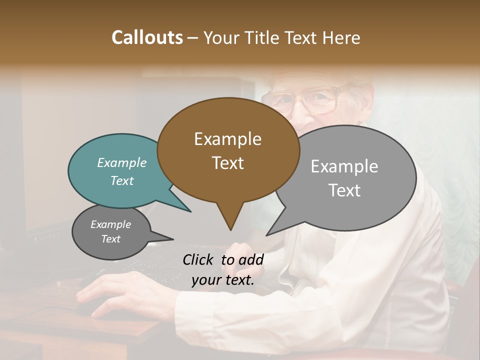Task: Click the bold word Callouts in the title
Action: click(x=147, y=37)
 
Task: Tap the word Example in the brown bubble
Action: click(x=227, y=139)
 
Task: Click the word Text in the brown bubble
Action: click(x=227, y=162)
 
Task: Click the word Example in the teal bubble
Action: click(x=121, y=162)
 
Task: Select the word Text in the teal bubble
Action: click(x=121, y=180)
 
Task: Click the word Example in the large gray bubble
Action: click(x=344, y=166)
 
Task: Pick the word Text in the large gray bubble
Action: click(x=344, y=190)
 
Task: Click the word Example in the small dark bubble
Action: click(x=110, y=224)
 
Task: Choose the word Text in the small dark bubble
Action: click(x=110, y=239)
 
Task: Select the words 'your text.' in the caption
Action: click(x=223, y=280)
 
